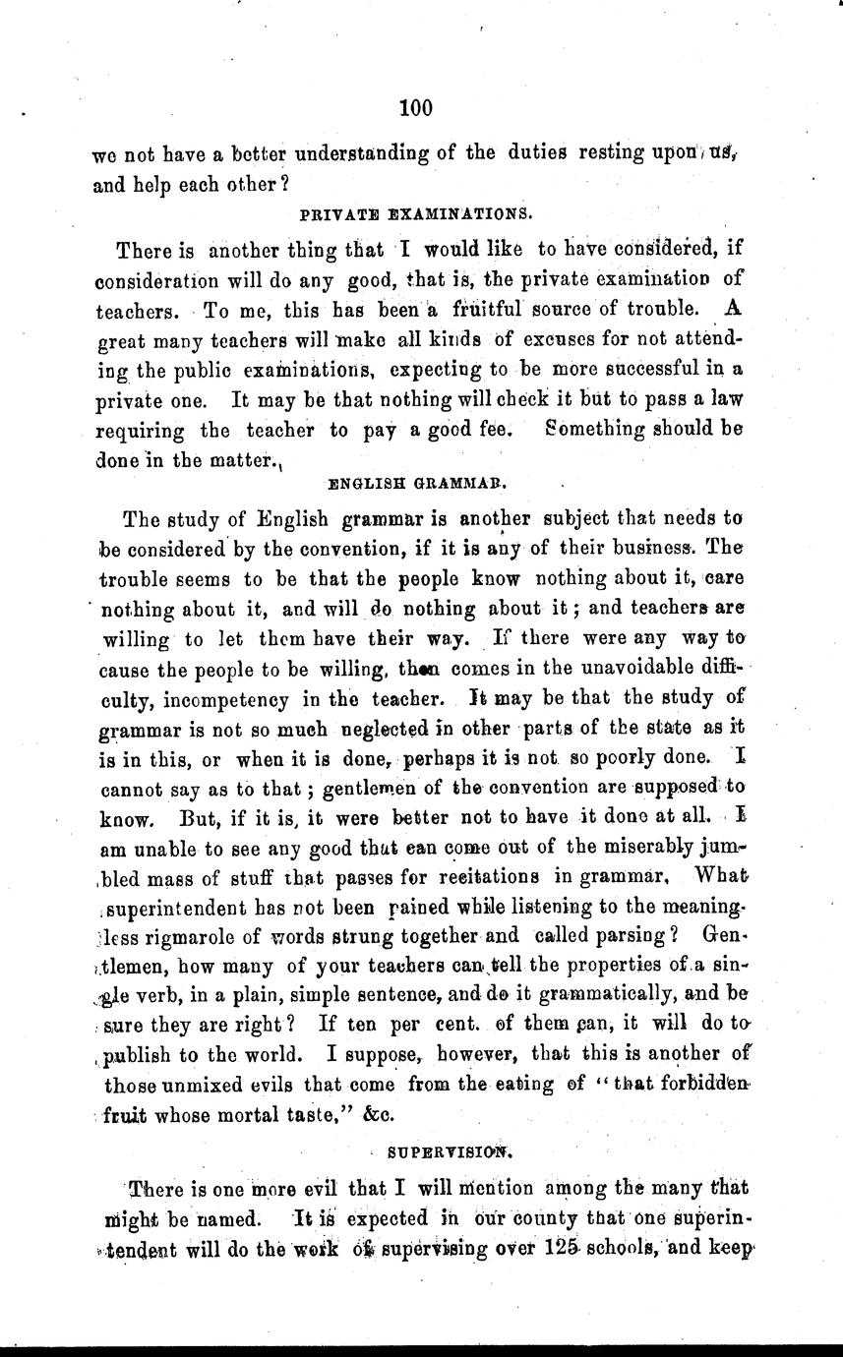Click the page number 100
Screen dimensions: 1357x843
coord(416,108)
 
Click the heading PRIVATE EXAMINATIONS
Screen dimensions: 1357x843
coord(415,212)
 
